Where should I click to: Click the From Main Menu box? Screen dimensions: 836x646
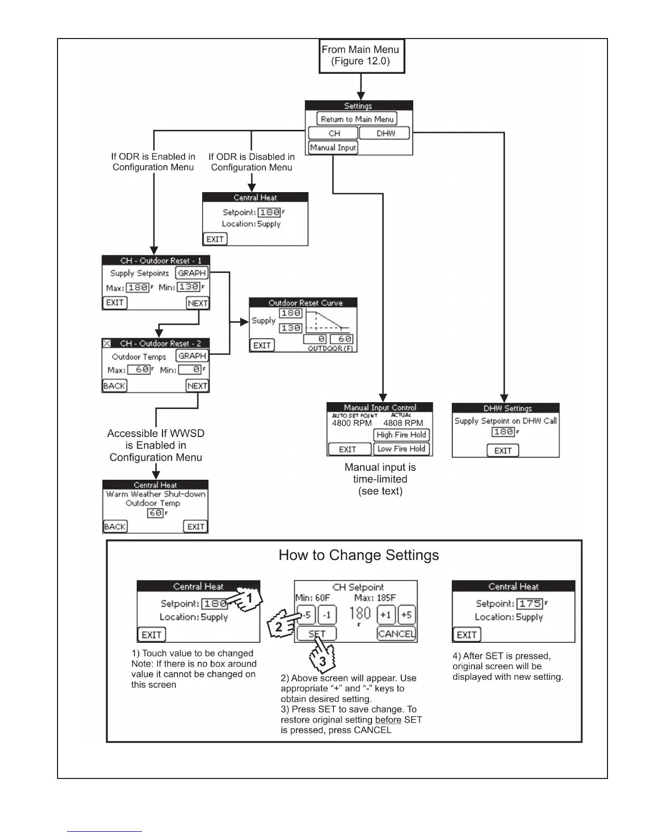(x=362, y=55)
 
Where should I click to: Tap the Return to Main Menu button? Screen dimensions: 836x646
(x=357, y=119)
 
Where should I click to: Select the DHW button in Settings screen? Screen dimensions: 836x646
(x=385, y=134)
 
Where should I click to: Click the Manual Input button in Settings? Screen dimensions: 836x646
(x=333, y=148)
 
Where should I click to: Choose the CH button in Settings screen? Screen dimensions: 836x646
(x=334, y=134)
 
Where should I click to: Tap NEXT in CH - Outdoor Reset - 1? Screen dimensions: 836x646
(x=197, y=303)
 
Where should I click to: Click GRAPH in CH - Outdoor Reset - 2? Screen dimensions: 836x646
(x=192, y=356)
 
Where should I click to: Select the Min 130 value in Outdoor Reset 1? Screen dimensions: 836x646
(x=188, y=287)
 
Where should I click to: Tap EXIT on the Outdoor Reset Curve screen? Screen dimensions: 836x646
(x=262, y=345)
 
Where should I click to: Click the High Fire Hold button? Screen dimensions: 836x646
(x=402, y=435)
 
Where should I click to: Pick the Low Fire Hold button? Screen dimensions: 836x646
(x=402, y=449)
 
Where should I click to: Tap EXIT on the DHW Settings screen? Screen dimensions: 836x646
(x=503, y=451)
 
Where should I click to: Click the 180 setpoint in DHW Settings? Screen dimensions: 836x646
(x=503, y=432)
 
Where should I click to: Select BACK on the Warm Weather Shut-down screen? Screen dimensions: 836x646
(x=115, y=527)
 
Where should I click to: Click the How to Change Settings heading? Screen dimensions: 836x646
(x=359, y=555)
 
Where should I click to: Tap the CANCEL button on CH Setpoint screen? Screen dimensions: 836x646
(x=396, y=634)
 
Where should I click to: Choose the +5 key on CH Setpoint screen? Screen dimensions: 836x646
(x=406, y=615)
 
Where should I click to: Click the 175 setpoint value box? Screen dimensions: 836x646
(x=530, y=604)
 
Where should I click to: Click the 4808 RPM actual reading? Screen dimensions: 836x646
(x=403, y=423)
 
